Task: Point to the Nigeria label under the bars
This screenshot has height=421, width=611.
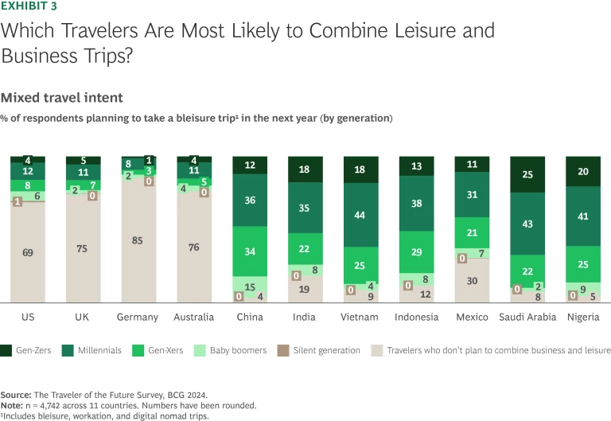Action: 584,317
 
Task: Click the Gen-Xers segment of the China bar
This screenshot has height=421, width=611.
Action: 251,252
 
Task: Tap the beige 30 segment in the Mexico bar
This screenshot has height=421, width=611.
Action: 473,280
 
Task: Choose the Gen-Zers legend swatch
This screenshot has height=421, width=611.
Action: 6,350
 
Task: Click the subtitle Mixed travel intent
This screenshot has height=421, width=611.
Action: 61,98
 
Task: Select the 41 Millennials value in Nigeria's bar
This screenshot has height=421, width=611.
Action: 584,216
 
